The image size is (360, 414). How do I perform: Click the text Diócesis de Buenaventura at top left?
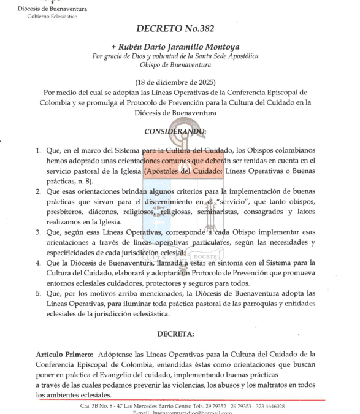pyautogui.click(x=52, y=9)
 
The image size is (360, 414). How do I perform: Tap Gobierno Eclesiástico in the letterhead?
pyautogui.click(x=52, y=17)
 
